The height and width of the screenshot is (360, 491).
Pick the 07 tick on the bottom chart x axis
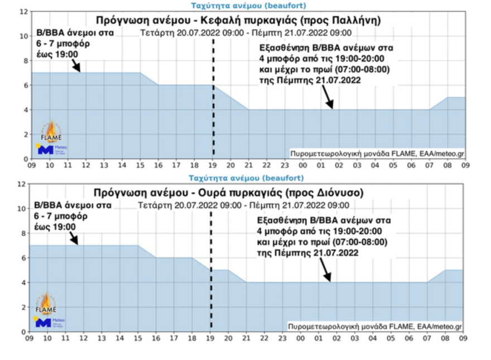[427, 339]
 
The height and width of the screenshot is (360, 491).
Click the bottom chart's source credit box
[374, 326]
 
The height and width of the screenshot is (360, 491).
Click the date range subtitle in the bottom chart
[244, 205]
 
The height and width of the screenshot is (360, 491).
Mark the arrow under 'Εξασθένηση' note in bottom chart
[325, 272]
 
